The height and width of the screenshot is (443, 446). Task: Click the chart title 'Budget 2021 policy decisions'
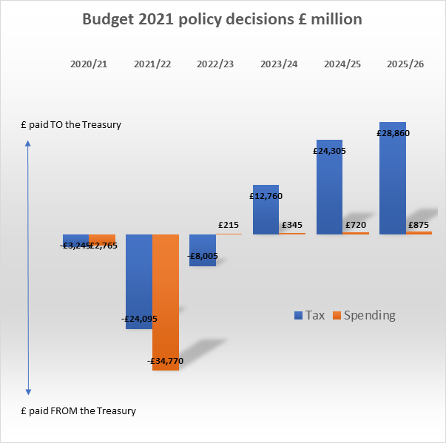tap(222, 19)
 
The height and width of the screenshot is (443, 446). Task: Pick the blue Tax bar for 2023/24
tap(266, 214)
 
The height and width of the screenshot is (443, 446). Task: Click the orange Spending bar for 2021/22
tap(166, 296)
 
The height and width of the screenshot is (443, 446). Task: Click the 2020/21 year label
tap(89, 64)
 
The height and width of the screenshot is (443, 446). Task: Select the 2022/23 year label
tap(215, 64)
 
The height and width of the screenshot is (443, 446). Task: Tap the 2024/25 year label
tap(342, 64)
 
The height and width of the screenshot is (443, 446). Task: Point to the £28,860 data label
tap(392, 133)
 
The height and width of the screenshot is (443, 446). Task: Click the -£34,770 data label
tap(166, 361)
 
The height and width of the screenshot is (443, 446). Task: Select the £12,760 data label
tap(266, 196)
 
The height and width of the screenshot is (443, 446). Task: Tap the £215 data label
tap(229, 224)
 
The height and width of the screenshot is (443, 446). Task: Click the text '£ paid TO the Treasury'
tap(71, 125)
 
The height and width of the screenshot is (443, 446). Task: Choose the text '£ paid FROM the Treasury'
tap(78, 410)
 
